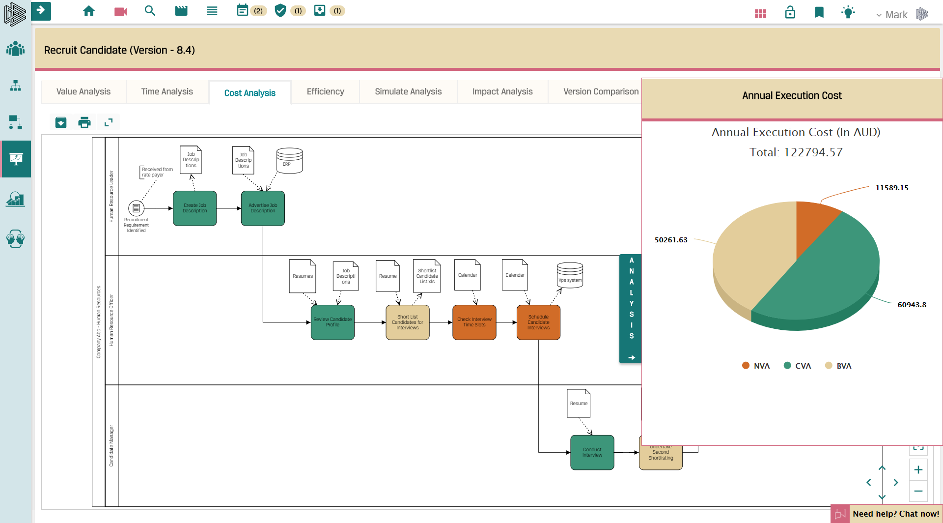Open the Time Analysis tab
(167, 92)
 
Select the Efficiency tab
(325, 92)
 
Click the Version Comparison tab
(601, 92)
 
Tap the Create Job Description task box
(195, 208)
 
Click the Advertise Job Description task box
(263, 208)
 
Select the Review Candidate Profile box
(333, 322)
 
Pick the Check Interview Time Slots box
(474, 322)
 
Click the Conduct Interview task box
(592, 452)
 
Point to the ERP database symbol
(289, 161)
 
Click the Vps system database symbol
(570, 275)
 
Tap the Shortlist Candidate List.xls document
(427, 276)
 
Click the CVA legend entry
(798, 366)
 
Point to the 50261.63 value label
(671, 240)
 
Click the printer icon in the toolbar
(84, 122)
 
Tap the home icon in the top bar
(89, 11)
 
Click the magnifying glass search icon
(150, 11)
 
